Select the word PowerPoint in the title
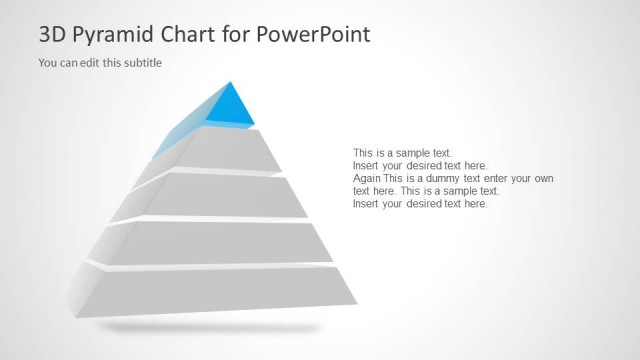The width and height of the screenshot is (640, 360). click(312, 34)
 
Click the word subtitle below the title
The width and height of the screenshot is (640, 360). click(142, 63)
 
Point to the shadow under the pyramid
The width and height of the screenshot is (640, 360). click(210, 327)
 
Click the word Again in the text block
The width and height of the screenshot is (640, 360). click(367, 178)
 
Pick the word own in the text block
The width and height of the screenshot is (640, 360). click(543, 178)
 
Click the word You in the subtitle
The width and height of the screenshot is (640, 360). click(47, 63)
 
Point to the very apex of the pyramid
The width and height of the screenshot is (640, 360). click(231, 82)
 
